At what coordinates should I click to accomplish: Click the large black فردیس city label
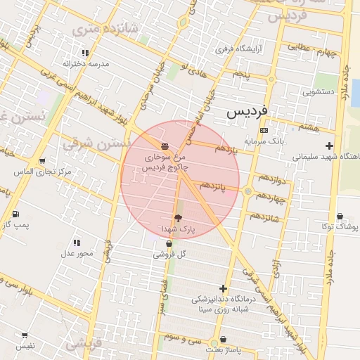click(x=247, y=112)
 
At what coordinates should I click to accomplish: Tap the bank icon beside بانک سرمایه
click(x=264, y=130)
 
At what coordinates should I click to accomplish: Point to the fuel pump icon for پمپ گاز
click(x=15, y=214)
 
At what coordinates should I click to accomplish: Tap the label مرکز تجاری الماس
click(x=42, y=172)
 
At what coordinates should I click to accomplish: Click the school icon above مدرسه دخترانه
click(x=86, y=53)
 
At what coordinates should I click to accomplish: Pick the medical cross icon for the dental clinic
click(x=224, y=288)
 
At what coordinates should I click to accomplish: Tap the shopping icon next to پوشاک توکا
click(x=340, y=217)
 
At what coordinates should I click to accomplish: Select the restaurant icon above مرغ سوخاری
click(x=165, y=146)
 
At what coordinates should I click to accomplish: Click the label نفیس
click(x=25, y=346)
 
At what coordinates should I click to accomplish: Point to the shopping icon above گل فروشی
click(x=169, y=244)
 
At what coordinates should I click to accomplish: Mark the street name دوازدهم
click(x=271, y=181)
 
